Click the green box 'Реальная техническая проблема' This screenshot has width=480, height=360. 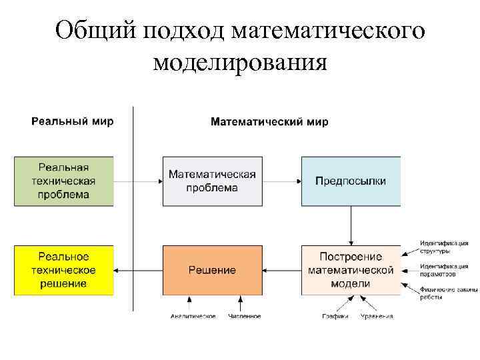63,181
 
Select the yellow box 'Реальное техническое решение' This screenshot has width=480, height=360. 63,270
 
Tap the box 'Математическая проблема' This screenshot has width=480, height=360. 212,181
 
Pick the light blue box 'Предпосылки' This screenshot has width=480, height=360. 351,181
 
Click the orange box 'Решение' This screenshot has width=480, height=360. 212,270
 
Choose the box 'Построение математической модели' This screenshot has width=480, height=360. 351,270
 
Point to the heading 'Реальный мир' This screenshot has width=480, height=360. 73,121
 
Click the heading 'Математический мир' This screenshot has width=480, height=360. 269,122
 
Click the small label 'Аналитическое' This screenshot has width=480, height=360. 193,316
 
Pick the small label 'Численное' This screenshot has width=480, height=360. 245,316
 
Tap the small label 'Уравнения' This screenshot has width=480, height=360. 377,316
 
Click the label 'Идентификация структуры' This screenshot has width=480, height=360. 444,247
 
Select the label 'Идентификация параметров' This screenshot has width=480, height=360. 444,270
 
